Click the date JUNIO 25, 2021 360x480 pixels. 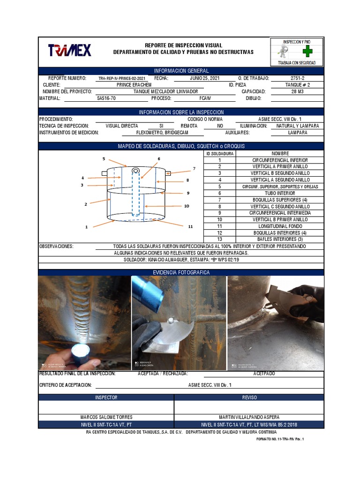point(204,78)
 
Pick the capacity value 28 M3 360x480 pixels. point(297,92)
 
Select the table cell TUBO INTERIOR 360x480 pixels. point(280,193)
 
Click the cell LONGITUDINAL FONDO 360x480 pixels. point(280,226)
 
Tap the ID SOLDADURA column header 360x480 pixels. point(219,154)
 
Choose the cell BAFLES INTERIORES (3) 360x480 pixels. point(280,239)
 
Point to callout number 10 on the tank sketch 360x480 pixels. point(187,206)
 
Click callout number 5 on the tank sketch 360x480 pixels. point(104,159)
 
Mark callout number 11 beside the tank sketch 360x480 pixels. point(190,226)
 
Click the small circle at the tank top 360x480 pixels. point(135,170)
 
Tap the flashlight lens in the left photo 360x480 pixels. point(81,352)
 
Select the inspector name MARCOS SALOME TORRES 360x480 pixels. point(106,417)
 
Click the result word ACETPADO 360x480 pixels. point(264,374)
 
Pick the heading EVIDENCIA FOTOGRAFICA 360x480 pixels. point(181,272)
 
